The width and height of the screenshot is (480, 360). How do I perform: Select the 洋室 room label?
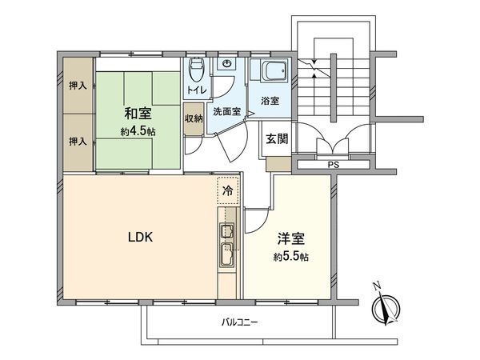tap(290, 240)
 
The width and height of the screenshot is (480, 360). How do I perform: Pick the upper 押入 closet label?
tap(78, 86)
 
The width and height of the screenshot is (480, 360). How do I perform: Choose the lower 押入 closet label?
tap(78, 141)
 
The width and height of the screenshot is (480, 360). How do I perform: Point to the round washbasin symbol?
tap(227, 64)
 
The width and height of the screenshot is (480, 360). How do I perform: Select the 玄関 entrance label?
tap(277, 139)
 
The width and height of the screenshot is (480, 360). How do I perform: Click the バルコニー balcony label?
tap(240, 323)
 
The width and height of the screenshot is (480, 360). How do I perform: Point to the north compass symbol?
tap(386, 306)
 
